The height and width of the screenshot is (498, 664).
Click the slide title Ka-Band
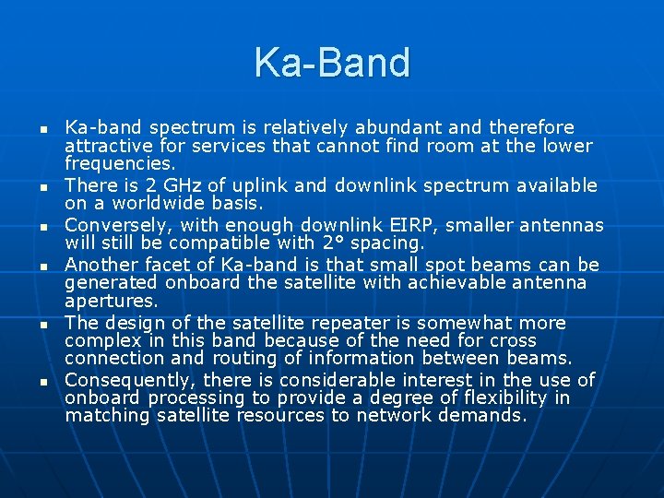click(x=332, y=63)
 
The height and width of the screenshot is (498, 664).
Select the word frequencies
click(x=119, y=163)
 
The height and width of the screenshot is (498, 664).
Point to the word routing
click(x=243, y=358)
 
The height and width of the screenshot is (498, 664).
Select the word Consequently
click(x=129, y=380)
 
